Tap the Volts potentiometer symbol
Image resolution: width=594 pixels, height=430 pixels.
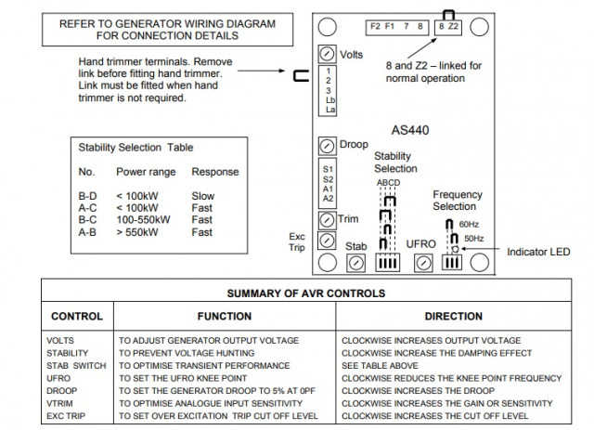[327, 54]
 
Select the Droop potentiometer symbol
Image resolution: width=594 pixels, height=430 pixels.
[327, 147]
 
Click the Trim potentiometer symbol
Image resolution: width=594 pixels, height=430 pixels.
[327, 220]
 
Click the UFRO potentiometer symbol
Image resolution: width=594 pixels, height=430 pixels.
[422, 263]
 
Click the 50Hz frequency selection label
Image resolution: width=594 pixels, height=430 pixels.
[472, 239]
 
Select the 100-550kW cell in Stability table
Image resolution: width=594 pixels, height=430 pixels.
[143, 220]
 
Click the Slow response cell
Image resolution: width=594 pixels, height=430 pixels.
[202, 196]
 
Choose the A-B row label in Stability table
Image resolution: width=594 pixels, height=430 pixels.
[88, 232]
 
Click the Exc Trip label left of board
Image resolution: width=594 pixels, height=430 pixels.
[298, 241]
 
